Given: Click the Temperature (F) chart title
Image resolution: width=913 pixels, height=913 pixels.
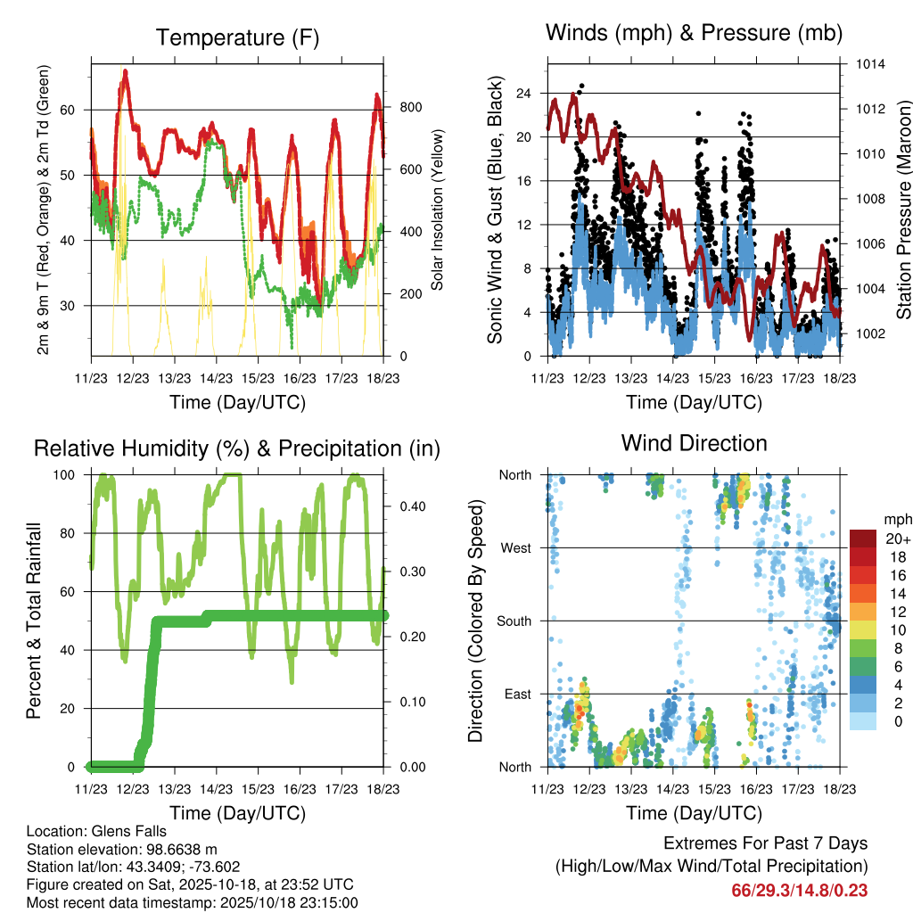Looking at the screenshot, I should point(237,37).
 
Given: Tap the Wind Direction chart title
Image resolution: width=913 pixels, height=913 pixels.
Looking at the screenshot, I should point(694,442).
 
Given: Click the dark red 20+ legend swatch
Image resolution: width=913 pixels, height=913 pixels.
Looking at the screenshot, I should point(864,539).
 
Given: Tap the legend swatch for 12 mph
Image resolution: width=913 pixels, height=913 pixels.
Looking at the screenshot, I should point(864,612).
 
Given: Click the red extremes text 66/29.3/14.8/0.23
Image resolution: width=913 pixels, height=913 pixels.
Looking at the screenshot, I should point(800,890).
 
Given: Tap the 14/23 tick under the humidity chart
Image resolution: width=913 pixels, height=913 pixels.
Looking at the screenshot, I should point(216,788).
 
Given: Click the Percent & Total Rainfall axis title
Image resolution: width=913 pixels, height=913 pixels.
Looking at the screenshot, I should point(34,621).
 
